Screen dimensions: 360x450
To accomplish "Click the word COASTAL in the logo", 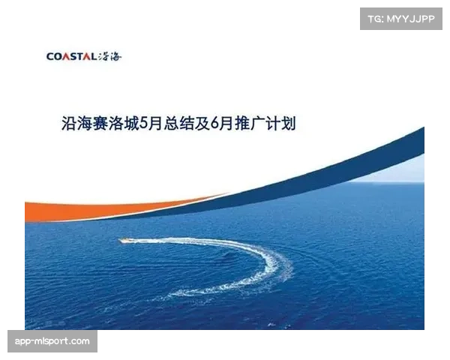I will click(71, 56).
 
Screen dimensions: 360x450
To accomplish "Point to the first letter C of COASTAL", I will click(49, 56).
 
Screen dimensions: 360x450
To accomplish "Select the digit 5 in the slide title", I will click(144, 122).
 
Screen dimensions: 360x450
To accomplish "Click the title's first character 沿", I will click(70, 122).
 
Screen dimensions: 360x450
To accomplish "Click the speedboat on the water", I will click(127, 240).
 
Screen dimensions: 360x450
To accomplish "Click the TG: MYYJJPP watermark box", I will click(401, 18).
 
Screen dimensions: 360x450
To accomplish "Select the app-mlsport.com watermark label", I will click(52, 341).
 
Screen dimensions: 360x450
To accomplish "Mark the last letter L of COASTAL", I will click(93, 56).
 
